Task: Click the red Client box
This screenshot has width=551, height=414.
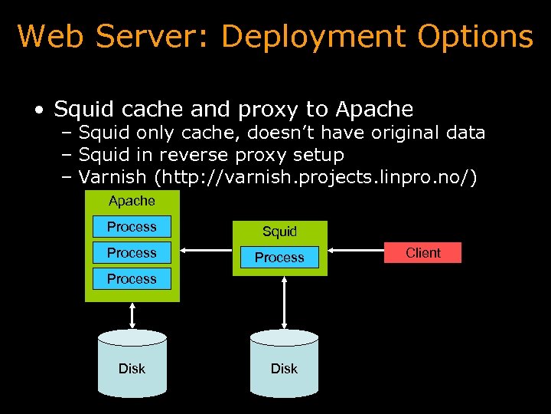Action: coord(423,253)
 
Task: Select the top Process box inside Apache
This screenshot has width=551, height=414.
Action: coord(132,227)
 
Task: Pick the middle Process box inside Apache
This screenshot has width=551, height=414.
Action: coord(132,253)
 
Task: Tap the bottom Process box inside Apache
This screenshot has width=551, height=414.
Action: coord(132,279)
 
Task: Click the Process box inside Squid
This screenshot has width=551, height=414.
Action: coord(279,258)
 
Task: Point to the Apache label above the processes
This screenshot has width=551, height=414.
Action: coord(132,201)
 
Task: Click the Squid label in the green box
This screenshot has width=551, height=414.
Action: coord(279,232)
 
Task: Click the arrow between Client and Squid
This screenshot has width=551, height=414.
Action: coord(357,249)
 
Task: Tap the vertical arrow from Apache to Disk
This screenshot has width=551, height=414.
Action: coord(132,315)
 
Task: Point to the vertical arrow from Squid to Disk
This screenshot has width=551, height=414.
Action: coord(284,304)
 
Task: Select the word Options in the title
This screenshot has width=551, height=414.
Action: coord(475,37)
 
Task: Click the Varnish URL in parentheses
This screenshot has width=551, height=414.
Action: coord(315,178)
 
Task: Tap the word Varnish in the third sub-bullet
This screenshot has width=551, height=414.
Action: coord(112,178)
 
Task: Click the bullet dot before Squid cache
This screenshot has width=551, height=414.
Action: coord(37,110)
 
